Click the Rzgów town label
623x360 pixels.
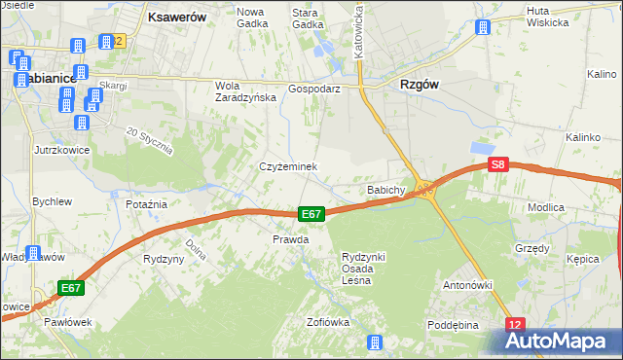[420, 85]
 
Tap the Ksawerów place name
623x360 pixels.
[174, 17]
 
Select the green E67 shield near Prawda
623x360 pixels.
[311, 214]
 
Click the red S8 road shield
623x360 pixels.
[498, 165]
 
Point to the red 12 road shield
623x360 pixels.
[516, 324]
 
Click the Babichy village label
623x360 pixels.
[385, 190]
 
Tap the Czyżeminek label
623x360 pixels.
[288, 166]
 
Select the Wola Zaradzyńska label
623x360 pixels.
[238, 90]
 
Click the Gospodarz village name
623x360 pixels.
[313, 88]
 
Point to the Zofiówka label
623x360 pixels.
[328, 322]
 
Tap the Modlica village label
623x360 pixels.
[573, 208]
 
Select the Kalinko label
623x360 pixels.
[582, 137]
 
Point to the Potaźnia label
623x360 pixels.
[147, 204]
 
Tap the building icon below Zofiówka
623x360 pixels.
[374, 342]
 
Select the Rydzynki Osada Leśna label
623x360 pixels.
[363, 269]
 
